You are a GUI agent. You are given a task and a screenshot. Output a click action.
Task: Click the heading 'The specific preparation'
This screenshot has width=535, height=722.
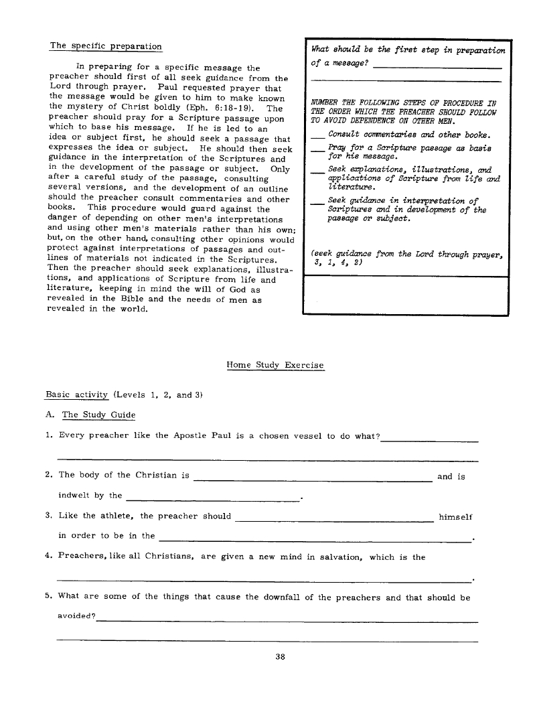(106, 46)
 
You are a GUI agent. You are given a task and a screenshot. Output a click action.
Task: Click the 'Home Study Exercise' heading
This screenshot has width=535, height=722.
(275, 365)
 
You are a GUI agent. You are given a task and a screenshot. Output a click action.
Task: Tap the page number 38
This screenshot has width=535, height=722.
(281, 657)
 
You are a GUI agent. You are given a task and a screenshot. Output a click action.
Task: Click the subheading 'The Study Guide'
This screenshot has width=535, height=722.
(98, 415)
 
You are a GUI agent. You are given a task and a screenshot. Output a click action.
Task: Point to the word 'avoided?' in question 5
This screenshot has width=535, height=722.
(77, 616)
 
